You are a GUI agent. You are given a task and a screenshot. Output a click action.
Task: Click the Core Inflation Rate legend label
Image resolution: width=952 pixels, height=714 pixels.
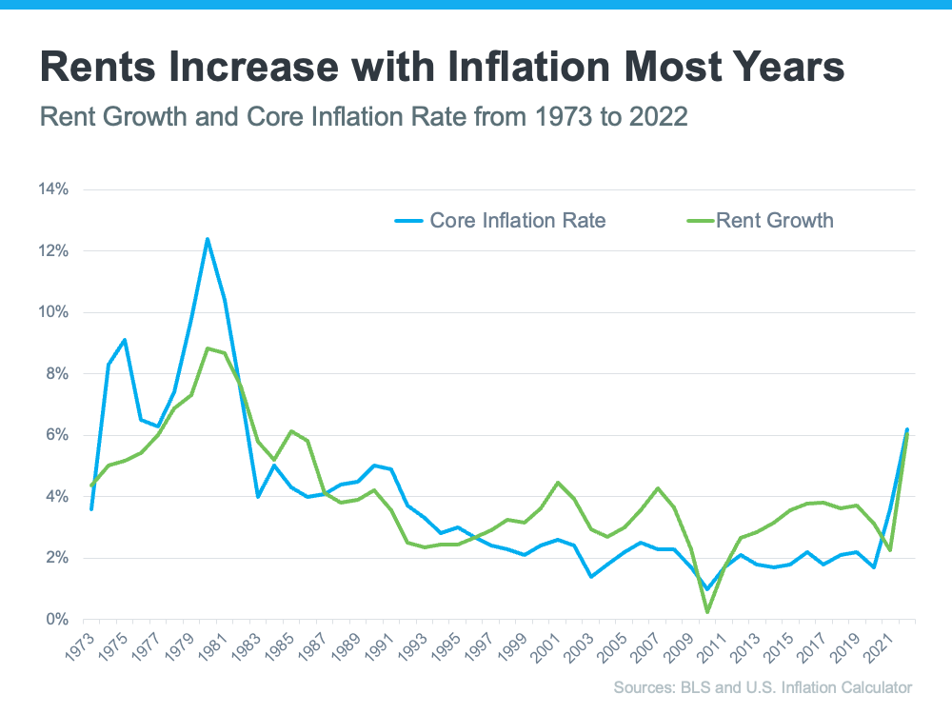tap(517, 221)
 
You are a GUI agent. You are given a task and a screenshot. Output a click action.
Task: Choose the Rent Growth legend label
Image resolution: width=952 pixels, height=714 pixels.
tap(774, 221)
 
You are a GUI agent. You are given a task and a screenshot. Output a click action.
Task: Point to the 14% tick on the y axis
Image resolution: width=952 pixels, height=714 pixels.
tap(53, 189)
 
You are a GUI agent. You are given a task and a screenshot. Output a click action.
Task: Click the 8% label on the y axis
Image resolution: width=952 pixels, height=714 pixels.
tap(57, 374)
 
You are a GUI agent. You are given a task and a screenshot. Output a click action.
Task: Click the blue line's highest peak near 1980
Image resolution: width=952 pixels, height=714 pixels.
tap(208, 239)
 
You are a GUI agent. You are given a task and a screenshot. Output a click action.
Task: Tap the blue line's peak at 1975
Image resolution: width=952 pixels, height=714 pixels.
tap(125, 340)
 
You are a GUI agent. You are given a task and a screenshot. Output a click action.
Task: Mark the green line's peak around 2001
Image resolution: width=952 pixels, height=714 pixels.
tap(558, 483)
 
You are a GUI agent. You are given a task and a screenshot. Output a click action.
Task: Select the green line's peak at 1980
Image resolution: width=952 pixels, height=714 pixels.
tap(208, 348)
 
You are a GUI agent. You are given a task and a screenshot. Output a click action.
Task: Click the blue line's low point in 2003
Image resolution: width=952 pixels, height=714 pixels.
tap(591, 576)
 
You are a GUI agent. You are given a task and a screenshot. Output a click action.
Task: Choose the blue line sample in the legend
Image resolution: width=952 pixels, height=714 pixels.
tap(408, 221)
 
